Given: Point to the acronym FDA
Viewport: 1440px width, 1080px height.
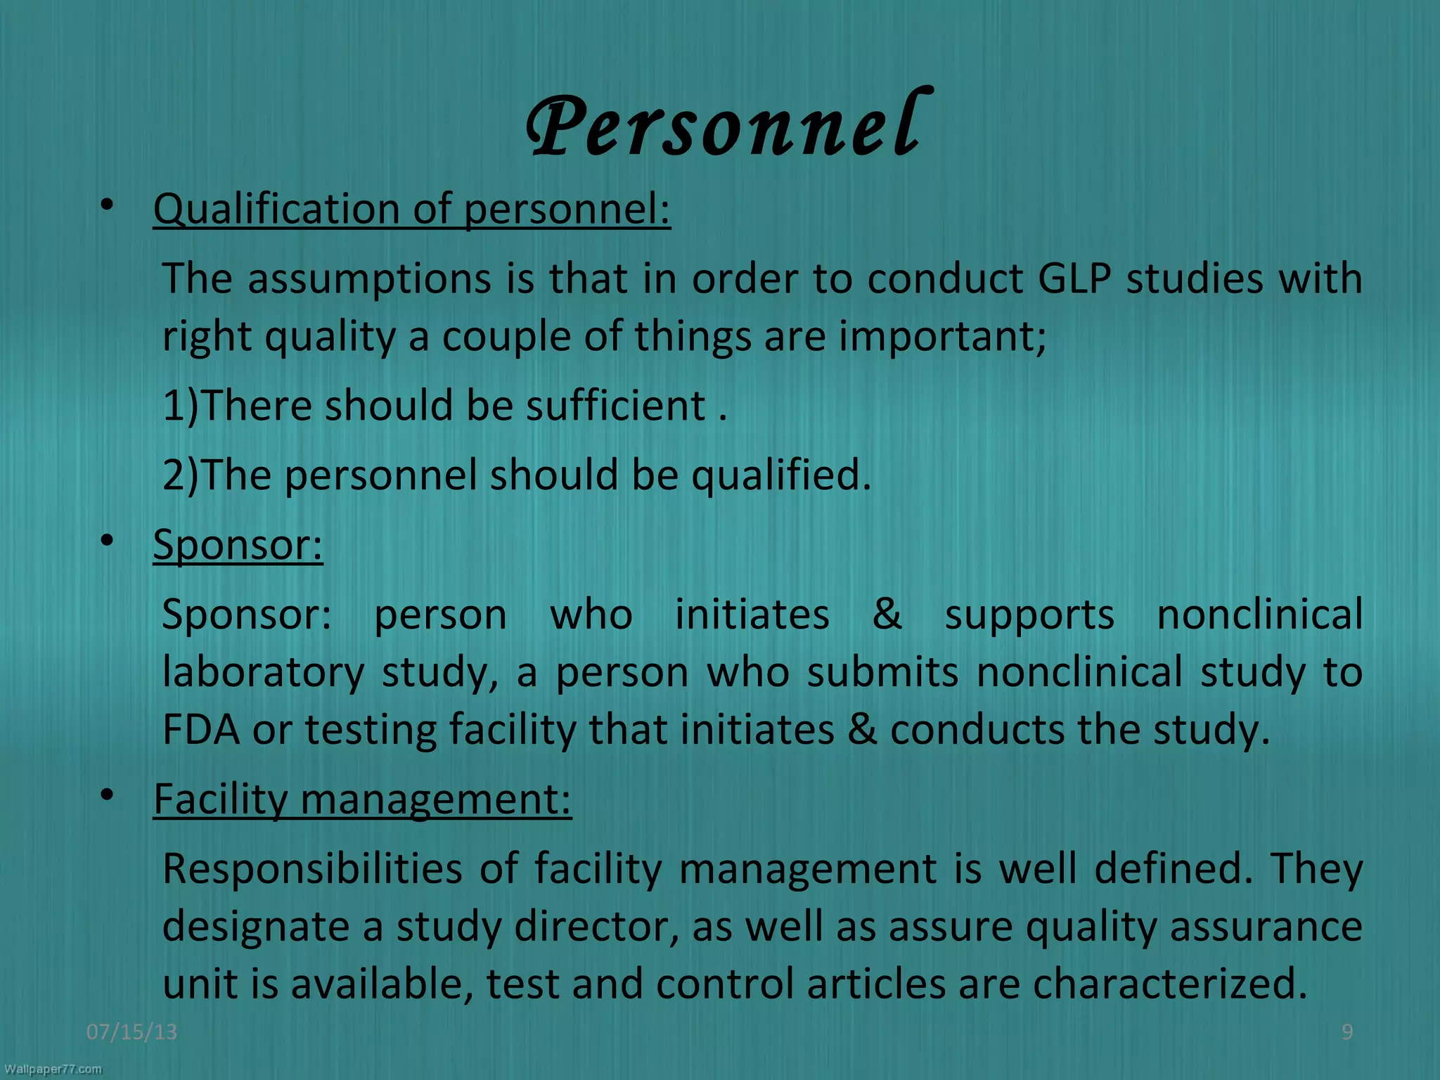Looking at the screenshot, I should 200,729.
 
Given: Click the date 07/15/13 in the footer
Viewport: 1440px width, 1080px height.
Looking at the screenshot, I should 131,1031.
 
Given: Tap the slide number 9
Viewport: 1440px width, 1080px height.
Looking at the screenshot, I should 1347,1031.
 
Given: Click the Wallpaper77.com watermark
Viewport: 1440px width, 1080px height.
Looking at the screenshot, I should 53,1069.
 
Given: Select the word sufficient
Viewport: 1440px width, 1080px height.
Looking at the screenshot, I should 615,406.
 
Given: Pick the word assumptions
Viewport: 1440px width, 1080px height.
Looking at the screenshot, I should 368,278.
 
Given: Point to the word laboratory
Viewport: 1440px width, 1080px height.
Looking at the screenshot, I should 263,672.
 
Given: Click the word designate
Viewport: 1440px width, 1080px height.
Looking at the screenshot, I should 256,926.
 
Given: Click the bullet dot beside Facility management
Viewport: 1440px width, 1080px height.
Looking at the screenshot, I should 106,795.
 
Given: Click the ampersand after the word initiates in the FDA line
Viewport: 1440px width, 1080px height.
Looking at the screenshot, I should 862,729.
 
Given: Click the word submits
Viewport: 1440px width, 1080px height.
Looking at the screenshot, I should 882,672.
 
